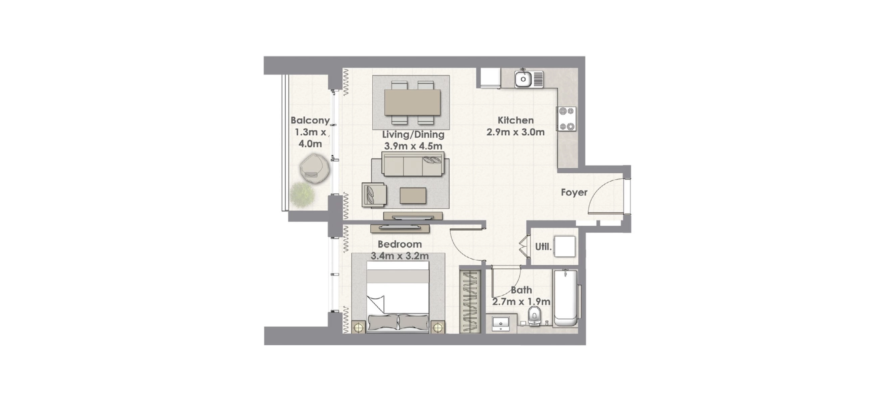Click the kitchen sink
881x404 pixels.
[529, 79]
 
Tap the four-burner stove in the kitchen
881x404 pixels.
[566, 119]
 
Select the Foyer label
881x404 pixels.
[574, 192]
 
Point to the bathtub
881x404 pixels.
[565, 298]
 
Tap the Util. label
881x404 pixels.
[543, 246]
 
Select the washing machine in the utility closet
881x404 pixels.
[565, 246]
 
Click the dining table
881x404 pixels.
[412, 102]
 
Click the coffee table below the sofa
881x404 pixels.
[413, 196]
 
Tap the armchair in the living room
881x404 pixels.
[374, 195]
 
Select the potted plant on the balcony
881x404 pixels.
[302, 195]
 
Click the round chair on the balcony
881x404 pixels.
[315, 169]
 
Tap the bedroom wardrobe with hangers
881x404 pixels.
[470, 301]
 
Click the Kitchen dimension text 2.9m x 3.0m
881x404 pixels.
[515, 132]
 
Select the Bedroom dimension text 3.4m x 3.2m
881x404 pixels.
[400, 256]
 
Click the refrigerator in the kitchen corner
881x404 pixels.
[490, 78]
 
